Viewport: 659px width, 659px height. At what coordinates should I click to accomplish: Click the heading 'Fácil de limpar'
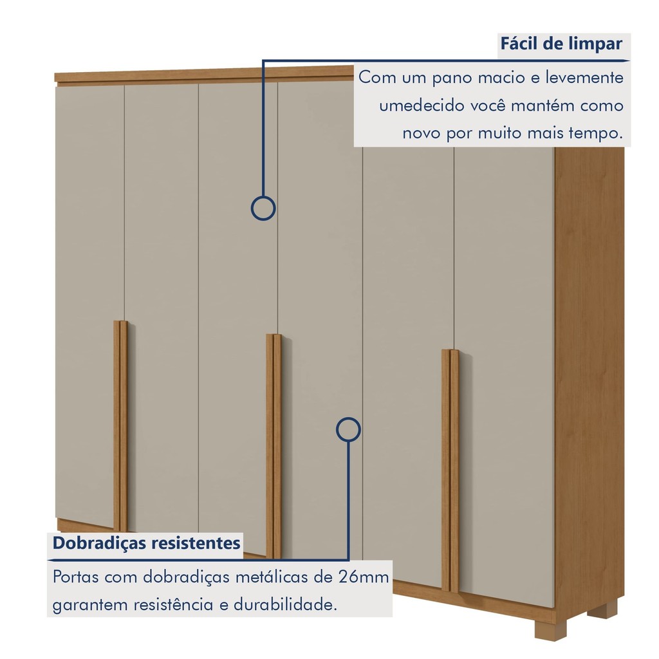(x=561, y=44)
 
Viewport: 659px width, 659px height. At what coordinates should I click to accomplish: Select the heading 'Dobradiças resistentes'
(x=147, y=543)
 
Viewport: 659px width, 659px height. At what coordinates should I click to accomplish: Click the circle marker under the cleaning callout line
(x=263, y=208)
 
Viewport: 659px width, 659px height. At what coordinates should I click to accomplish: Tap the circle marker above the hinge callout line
(x=348, y=429)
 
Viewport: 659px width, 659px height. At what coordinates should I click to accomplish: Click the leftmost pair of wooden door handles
(x=120, y=425)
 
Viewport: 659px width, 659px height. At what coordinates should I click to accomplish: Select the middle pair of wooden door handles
(x=274, y=444)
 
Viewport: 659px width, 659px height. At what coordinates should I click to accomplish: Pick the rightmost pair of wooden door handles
(x=450, y=470)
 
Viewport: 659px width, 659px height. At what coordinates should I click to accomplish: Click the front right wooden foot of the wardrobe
(x=544, y=630)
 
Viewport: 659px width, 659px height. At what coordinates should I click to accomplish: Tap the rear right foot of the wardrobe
(x=603, y=609)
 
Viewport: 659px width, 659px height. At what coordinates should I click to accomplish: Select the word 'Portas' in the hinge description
(x=76, y=576)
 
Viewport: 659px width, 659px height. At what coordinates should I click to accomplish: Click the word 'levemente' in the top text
(x=584, y=78)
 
